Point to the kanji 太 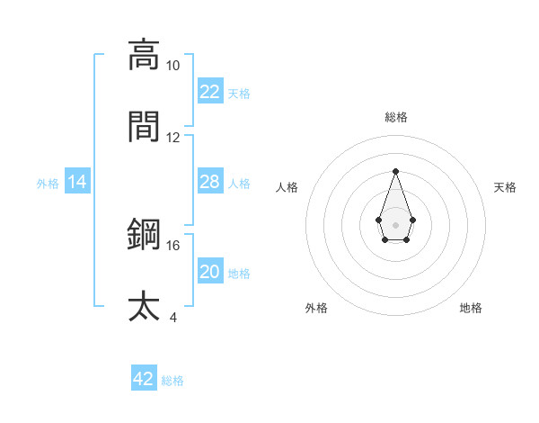point(144,305)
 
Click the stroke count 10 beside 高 point(172,66)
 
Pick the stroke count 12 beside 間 point(172,138)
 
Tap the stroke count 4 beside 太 point(172,317)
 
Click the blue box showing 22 point(209,92)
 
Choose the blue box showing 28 point(209,182)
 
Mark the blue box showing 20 point(209,272)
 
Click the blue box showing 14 point(77,182)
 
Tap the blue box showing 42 point(144,379)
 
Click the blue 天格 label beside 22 point(239,93)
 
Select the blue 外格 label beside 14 point(48,183)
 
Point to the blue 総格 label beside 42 point(172,380)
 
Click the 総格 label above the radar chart point(395,117)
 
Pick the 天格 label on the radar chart point(506,187)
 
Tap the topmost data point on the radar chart point(395,171)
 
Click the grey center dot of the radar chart point(395,223)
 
